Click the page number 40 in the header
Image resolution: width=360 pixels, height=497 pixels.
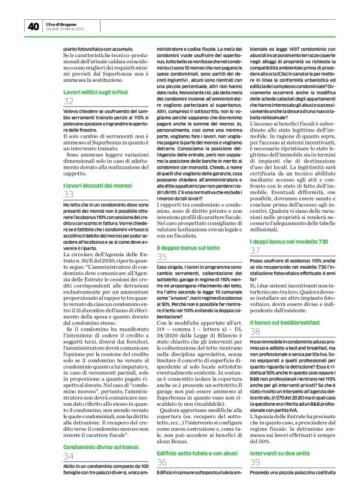pyautogui.click(x=33, y=26)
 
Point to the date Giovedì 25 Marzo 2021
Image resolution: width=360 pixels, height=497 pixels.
pyautogui.click(x=66, y=29)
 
